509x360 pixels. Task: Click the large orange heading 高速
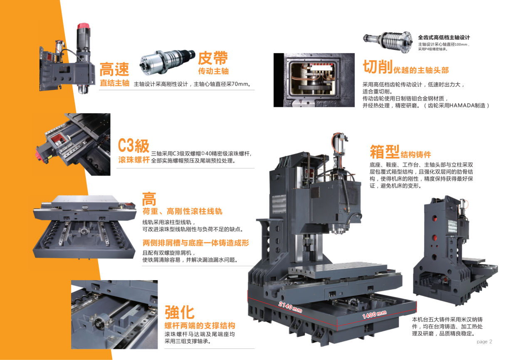coord(114,69)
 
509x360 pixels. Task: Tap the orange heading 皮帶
coord(212,58)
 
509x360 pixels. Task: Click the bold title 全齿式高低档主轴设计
coord(444,37)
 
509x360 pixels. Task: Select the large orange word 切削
coord(378,67)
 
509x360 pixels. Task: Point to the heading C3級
coord(133,145)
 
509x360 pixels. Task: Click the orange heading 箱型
coord(385,151)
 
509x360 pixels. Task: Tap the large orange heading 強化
coord(180,313)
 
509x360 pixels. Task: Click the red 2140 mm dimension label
coord(290,307)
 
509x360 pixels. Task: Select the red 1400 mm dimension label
coord(374,314)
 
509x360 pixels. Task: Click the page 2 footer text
coord(484,342)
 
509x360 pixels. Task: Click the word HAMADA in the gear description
coord(467,106)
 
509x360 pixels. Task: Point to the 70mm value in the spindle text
coord(240,84)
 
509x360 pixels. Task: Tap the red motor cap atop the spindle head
coord(84,26)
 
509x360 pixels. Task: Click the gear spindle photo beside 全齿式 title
coord(388,42)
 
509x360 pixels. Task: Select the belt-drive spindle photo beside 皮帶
coord(168,62)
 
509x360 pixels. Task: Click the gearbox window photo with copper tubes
coord(314,80)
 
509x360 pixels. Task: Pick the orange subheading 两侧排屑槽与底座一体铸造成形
coord(195,243)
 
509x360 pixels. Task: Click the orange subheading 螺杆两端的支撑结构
coord(200,325)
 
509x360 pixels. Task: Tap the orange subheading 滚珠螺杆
coord(134,160)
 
